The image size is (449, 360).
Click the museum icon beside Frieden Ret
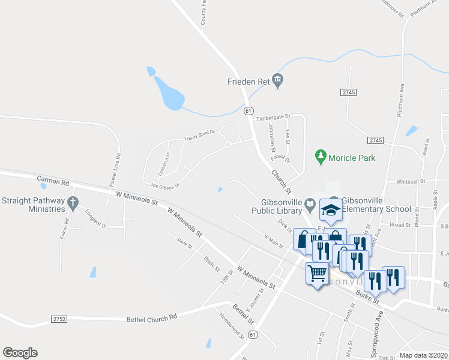point(277,80)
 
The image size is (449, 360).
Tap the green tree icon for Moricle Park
point(321,157)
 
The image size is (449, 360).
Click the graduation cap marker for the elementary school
point(331,209)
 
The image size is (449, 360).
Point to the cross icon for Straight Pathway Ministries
point(73,203)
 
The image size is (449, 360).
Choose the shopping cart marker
point(317,274)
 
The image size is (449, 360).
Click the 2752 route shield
point(59,319)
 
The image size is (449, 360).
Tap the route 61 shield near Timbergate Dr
point(248,111)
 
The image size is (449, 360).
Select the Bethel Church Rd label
point(152,317)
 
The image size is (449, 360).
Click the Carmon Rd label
point(53,179)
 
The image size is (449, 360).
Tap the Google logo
point(20,353)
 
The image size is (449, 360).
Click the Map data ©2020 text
point(423,355)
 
